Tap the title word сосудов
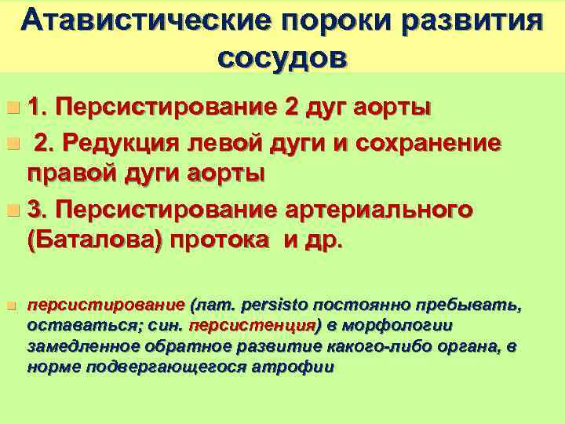point(282,57)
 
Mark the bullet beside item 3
point(11,211)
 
